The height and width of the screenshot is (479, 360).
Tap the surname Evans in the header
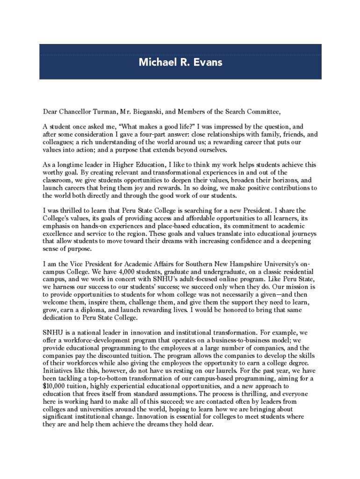[x=208, y=62]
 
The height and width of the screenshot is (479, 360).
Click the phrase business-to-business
[x=246, y=341]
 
